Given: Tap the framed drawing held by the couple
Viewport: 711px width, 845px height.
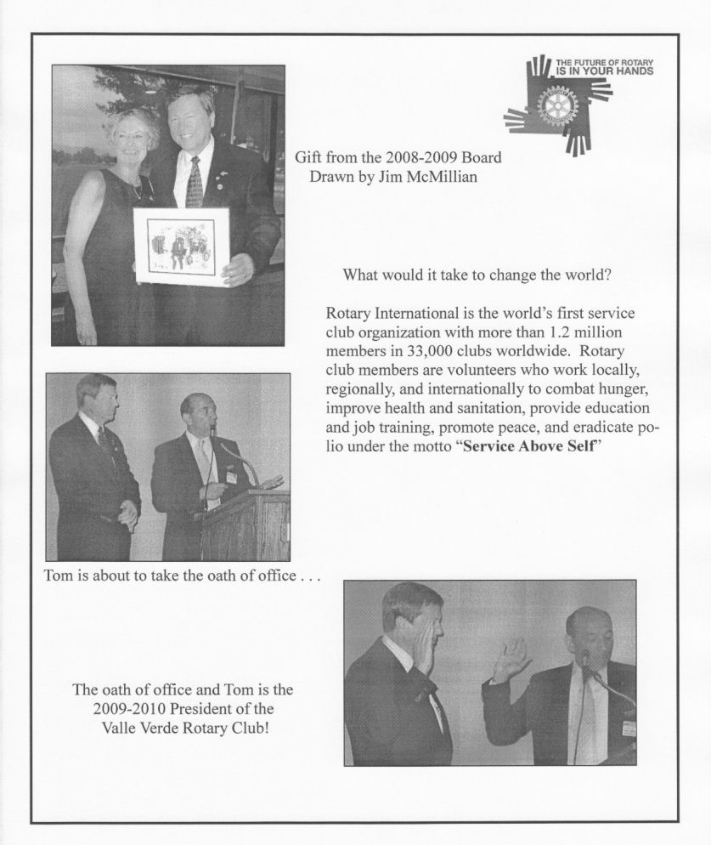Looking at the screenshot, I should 181,246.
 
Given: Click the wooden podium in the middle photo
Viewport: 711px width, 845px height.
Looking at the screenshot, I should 246,527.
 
